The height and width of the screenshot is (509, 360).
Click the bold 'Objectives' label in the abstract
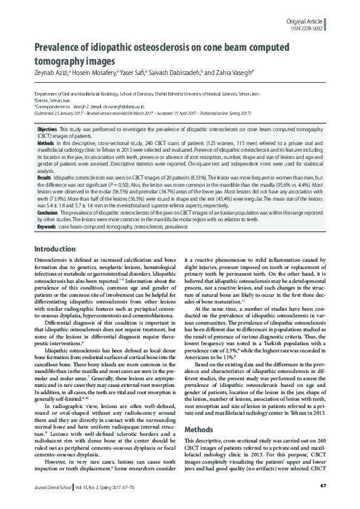47,130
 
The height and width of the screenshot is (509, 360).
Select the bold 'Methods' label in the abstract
46,143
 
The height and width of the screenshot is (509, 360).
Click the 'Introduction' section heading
55,249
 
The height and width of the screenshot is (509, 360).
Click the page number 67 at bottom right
323,485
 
